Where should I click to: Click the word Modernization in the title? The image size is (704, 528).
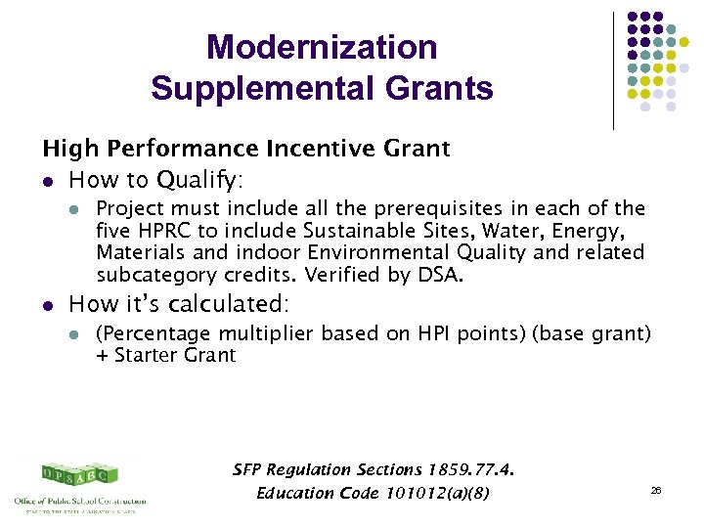click(322, 47)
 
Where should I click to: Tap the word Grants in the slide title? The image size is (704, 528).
click(440, 89)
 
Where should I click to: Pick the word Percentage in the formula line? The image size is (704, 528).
click(147, 334)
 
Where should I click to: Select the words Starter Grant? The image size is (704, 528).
click(175, 356)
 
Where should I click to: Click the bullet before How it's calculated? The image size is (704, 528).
click(48, 303)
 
